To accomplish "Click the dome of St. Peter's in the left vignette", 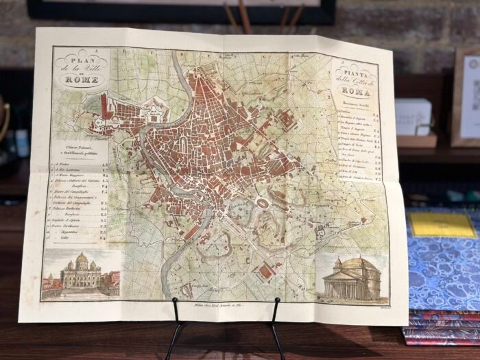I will click(81, 260).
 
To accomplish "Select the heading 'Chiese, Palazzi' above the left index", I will click(74, 147).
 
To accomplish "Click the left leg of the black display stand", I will click(176, 333).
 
